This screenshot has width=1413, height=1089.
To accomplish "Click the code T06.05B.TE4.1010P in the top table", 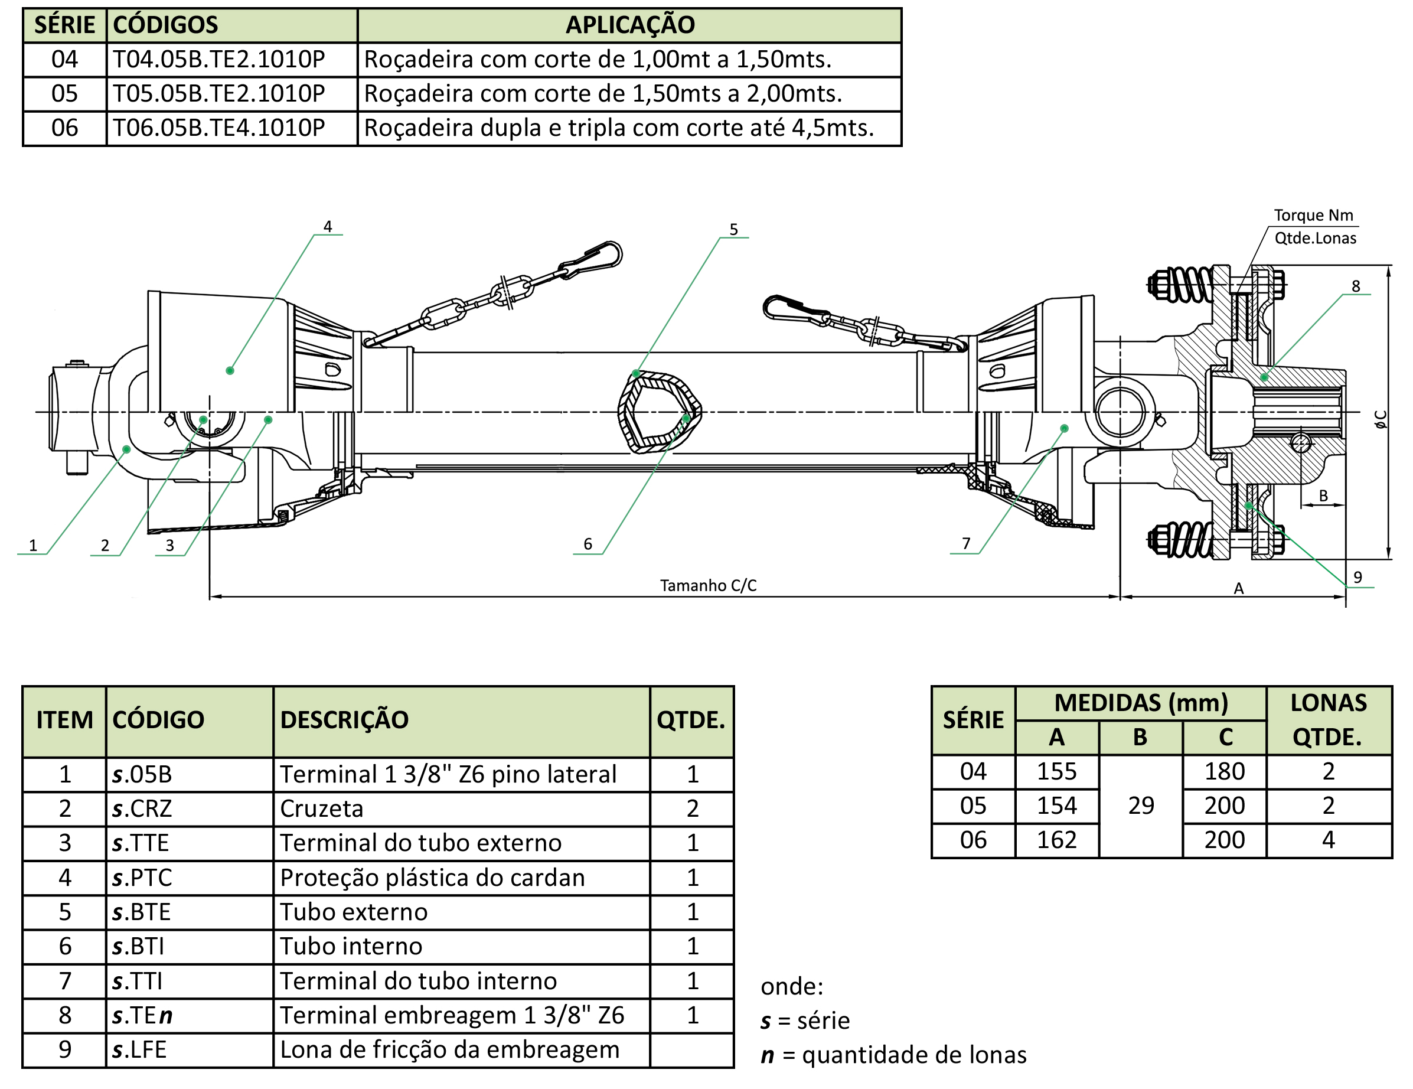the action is tap(218, 128).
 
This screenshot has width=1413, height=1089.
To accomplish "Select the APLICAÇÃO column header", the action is tap(630, 25).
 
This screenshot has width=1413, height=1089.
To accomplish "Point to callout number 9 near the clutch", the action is tap(1357, 576).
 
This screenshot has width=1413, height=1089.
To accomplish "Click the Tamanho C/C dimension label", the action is tap(708, 586).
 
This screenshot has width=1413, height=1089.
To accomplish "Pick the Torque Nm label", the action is tap(1313, 216).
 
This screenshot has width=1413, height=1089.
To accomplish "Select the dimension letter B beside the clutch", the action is tap(1324, 495).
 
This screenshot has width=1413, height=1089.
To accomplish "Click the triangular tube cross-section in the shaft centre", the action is tap(660, 412).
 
